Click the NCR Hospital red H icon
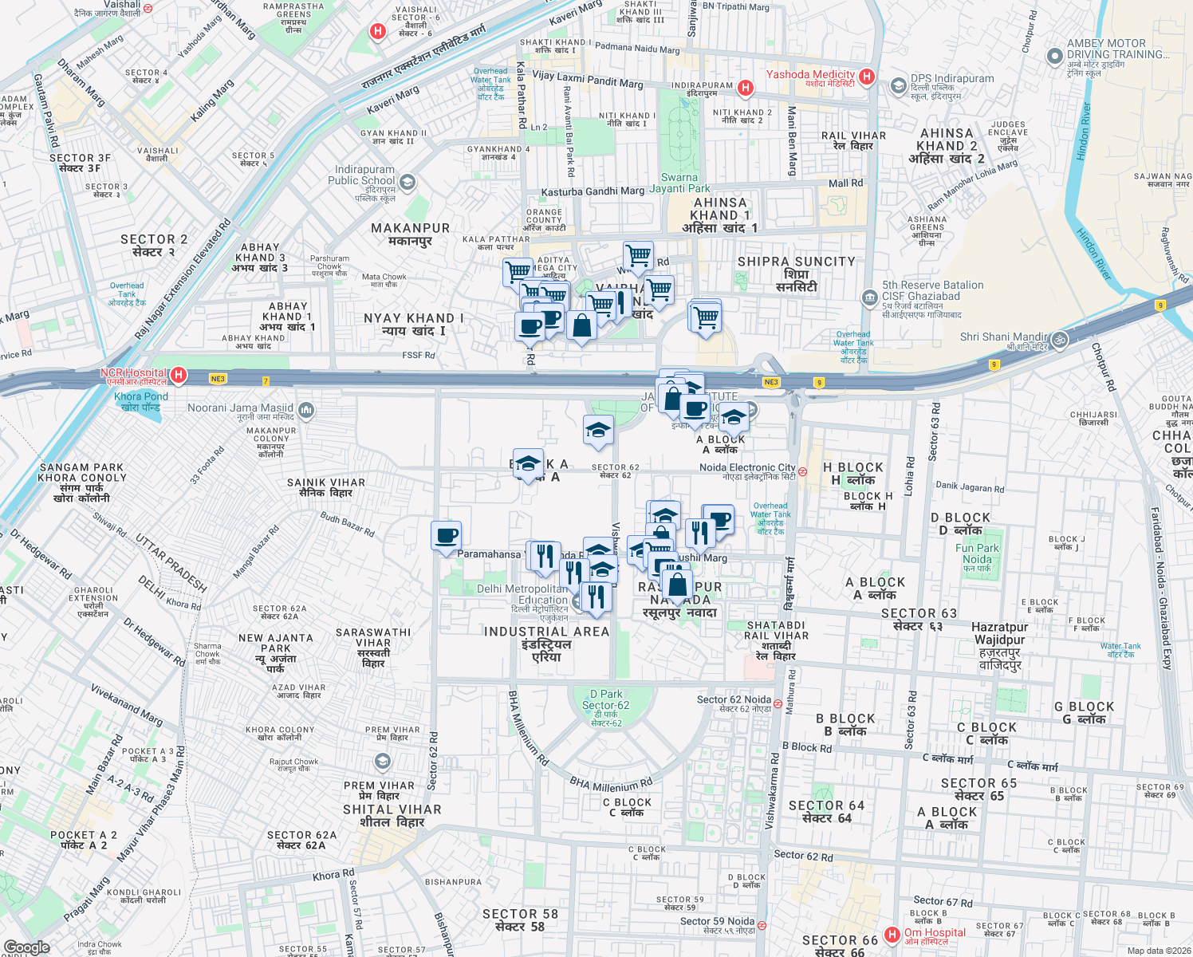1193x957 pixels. pyautogui.click(x=179, y=374)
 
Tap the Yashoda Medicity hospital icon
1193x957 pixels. pyautogui.click(x=868, y=77)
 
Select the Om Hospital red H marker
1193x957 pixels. pyautogui.click(x=895, y=933)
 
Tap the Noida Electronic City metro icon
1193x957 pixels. pyautogui.click(x=803, y=471)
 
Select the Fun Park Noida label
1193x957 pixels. pyautogui.click(x=977, y=553)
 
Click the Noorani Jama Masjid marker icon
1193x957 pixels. pyautogui.click(x=306, y=410)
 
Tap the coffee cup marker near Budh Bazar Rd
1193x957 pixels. pyautogui.click(x=446, y=536)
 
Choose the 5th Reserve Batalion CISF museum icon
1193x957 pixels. pyautogui.click(x=869, y=298)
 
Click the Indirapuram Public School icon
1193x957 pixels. pyautogui.click(x=408, y=183)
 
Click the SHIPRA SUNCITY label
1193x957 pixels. pyautogui.click(x=796, y=262)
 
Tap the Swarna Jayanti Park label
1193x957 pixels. pyautogui.click(x=679, y=183)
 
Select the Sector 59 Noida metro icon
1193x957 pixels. pyautogui.click(x=762, y=925)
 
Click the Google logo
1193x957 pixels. pyautogui.click(x=26, y=947)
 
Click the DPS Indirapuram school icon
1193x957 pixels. pyautogui.click(x=899, y=85)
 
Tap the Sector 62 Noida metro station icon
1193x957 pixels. pyautogui.click(x=778, y=703)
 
